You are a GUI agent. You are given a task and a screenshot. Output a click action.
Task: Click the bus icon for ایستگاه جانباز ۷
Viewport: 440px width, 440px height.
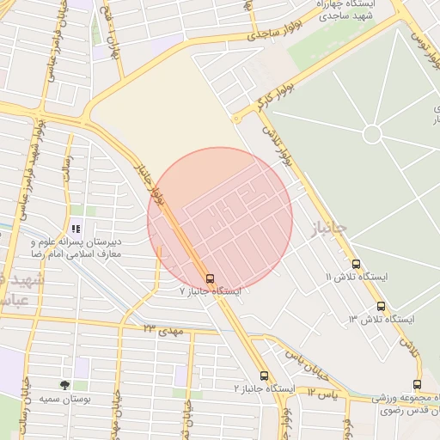(211, 278)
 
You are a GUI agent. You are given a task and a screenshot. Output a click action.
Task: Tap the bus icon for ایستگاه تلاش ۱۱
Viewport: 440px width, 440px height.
(356, 265)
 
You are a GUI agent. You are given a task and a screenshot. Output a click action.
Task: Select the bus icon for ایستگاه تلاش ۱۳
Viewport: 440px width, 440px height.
(381, 307)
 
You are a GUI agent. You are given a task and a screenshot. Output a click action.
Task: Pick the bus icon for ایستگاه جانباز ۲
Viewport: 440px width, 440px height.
(264, 376)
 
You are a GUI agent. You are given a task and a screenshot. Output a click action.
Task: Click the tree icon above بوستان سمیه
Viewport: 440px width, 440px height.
(64, 385)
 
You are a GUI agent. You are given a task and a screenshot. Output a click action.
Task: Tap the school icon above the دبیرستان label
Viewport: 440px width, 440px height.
(76, 229)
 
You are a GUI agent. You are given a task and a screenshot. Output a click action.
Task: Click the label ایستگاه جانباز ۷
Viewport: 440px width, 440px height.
(210, 292)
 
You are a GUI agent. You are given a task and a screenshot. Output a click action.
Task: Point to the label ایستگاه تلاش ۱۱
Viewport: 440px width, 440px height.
(356, 277)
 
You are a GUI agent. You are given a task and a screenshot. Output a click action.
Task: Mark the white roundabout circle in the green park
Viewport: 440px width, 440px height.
(372, 134)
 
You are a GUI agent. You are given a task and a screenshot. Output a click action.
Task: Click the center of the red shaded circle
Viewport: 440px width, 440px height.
(220, 220)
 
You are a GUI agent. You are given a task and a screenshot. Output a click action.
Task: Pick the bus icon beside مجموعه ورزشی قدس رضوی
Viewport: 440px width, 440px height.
(417, 384)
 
